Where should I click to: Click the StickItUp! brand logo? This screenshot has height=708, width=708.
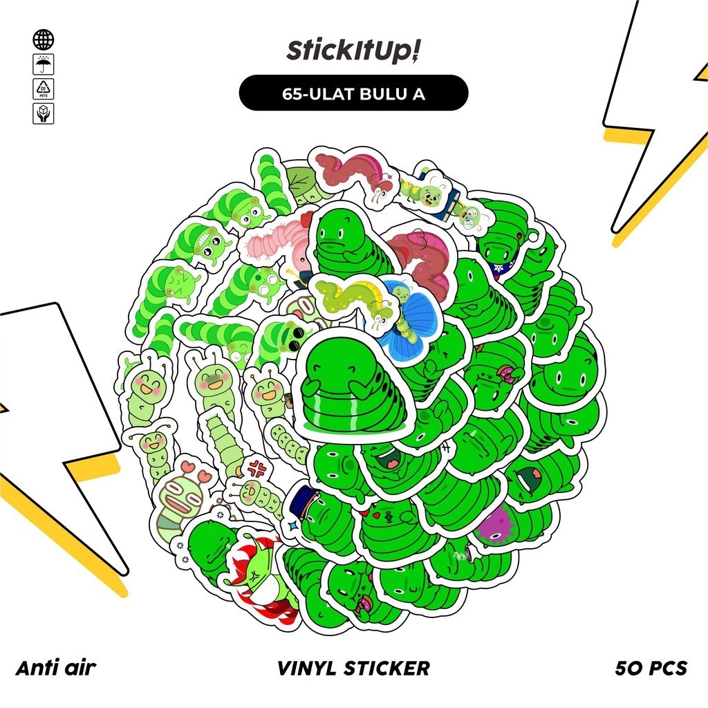click(x=353, y=52)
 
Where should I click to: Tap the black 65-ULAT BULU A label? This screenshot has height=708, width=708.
click(x=353, y=93)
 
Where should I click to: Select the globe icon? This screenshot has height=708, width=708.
click(x=43, y=39)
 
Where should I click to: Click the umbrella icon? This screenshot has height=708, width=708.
click(x=43, y=64)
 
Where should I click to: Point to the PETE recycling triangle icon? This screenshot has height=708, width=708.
click(x=43, y=89)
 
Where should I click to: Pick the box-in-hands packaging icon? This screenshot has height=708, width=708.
click(x=43, y=113)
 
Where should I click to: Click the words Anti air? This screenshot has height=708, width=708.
click(x=55, y=668)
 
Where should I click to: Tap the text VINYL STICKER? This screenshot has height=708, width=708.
click(x=353, y=668)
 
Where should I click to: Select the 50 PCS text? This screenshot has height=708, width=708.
click(x=651, y=668)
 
